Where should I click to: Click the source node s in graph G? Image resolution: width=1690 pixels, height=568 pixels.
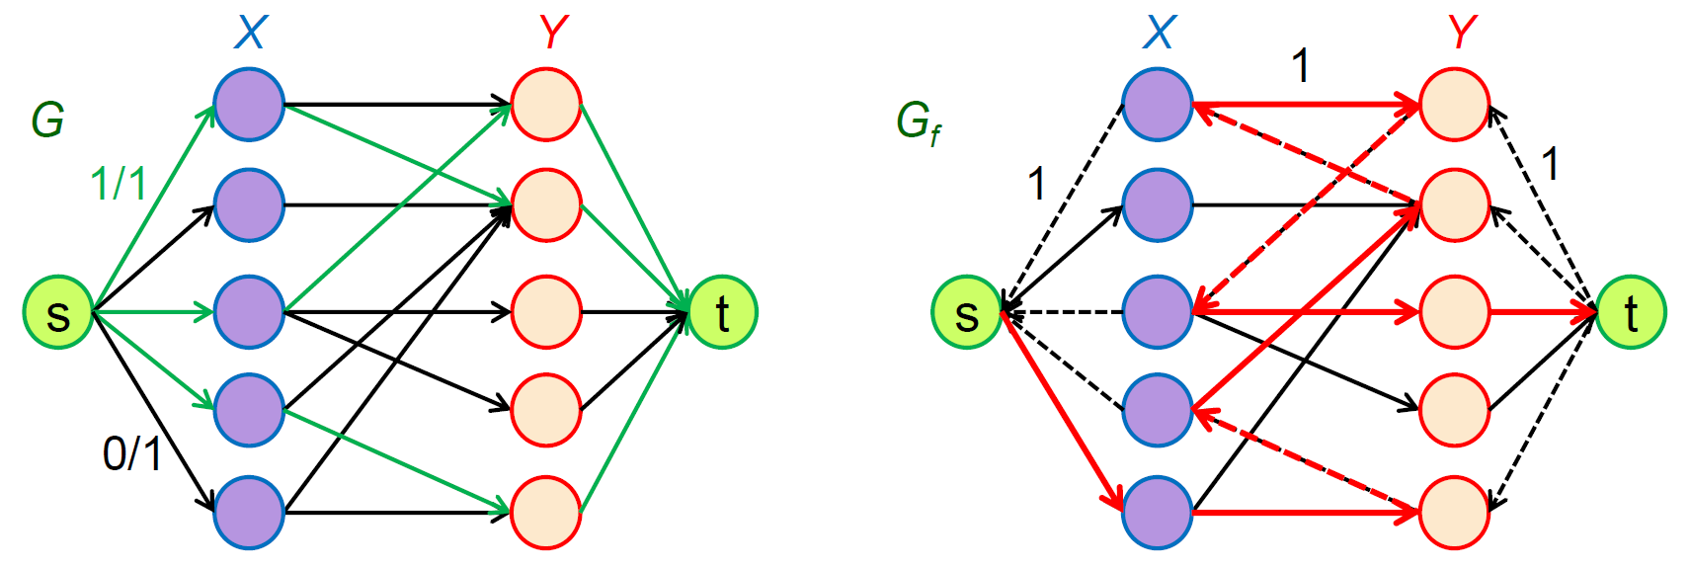pos(58,313)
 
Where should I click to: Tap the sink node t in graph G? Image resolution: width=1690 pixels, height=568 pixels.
pos(722,313)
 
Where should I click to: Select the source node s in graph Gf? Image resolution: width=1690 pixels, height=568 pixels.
pos(967,313)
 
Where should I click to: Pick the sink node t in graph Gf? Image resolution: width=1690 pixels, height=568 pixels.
pos(1631,313)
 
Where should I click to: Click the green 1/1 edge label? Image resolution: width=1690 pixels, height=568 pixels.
pos(119,184)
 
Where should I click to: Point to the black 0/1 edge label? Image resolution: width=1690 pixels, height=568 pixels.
pos(132,453)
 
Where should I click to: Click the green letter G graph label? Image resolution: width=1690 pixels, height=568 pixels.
pos(47,121)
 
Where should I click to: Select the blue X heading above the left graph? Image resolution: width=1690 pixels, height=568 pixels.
pos(251,33)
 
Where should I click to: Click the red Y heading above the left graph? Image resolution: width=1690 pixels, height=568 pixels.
pos(553,33)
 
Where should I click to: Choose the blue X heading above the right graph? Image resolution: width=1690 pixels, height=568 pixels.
pos(1159,33)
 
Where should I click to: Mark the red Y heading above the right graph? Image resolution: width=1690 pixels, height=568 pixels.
pos(1462,33)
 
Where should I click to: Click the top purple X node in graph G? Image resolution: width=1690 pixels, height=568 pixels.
pos(249,105)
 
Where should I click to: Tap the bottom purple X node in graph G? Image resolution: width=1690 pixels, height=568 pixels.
pos(249,513)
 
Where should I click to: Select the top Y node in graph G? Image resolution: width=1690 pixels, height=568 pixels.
pos(546,105)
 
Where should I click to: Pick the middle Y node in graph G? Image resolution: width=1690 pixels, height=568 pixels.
pos(546,313)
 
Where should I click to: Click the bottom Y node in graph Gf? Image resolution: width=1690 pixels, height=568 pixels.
pos(1454,513)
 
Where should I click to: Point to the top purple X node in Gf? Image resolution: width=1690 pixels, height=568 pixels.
pos(1158,105)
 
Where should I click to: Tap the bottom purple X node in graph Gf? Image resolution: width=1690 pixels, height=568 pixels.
pos(1158,513)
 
